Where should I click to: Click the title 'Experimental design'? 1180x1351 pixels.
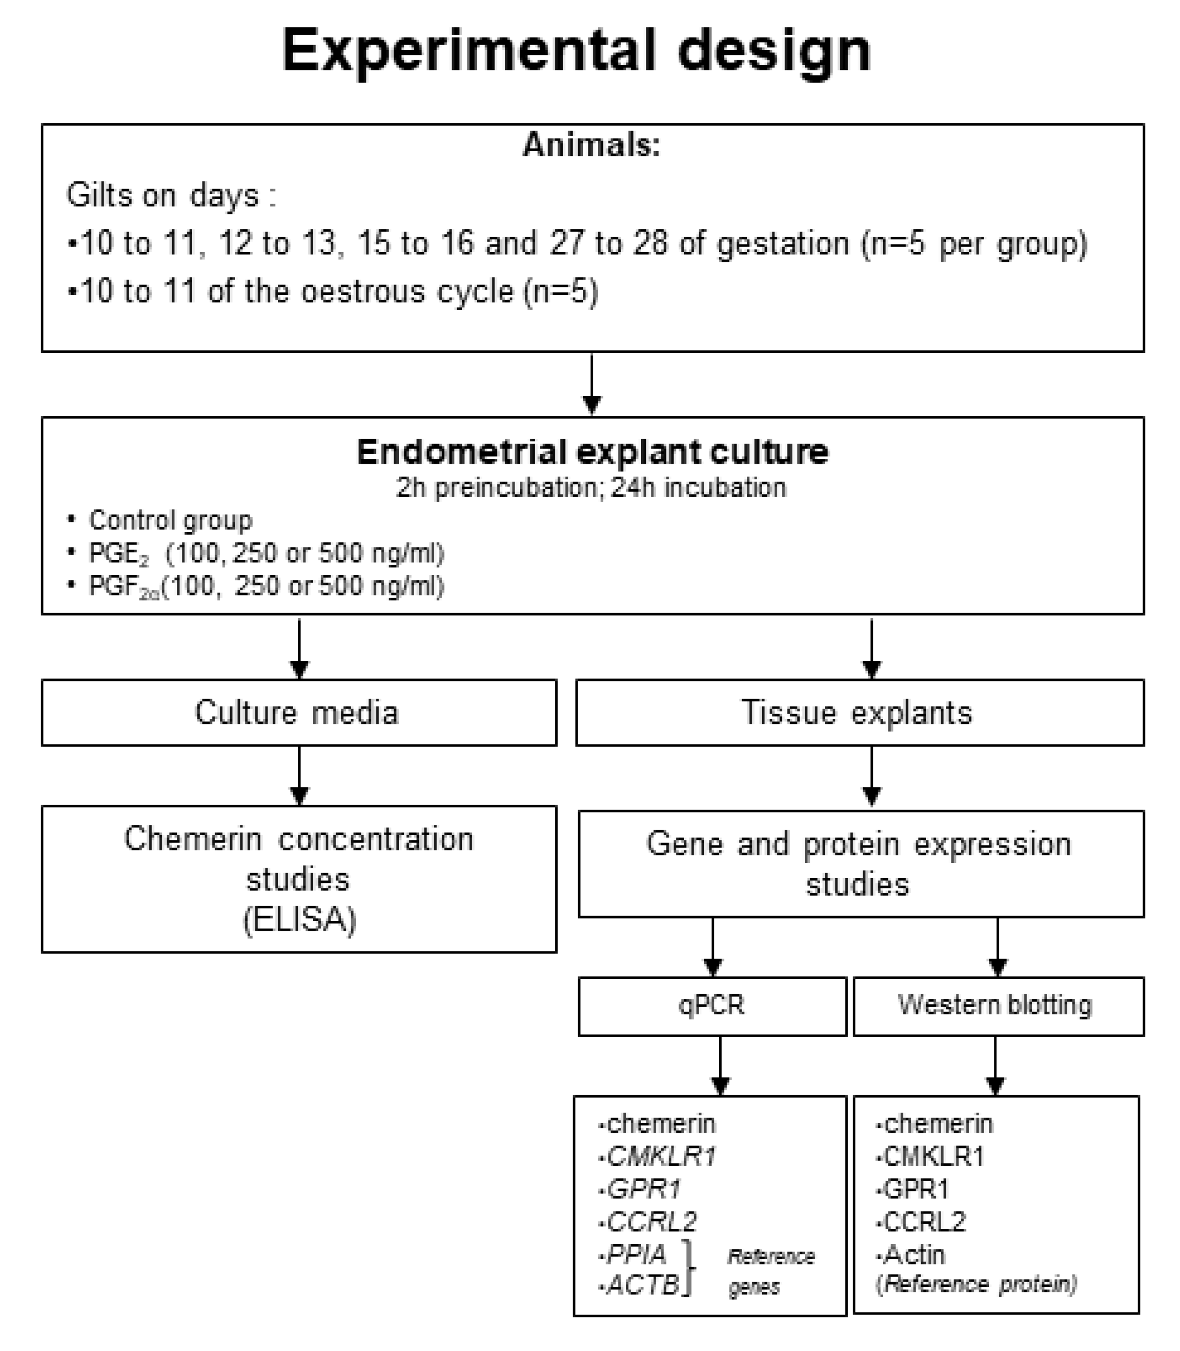point(576,52)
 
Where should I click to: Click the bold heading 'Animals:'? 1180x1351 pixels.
point(591,144)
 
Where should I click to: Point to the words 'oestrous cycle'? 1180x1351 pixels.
point(407,291)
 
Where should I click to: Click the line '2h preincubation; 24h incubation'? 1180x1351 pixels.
point(591,488)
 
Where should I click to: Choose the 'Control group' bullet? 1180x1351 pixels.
point(170,520)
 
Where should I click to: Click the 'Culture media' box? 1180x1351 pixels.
point(299,713)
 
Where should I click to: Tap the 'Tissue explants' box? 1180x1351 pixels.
point(859,713)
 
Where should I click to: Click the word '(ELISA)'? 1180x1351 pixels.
point(299,919)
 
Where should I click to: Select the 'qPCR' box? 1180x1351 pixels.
point(712,1005)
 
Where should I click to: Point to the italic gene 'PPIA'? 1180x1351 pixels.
point(636,1255)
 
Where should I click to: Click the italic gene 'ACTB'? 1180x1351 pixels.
point(643,1284)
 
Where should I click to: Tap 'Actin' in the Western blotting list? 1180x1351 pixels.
point(914,1255)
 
